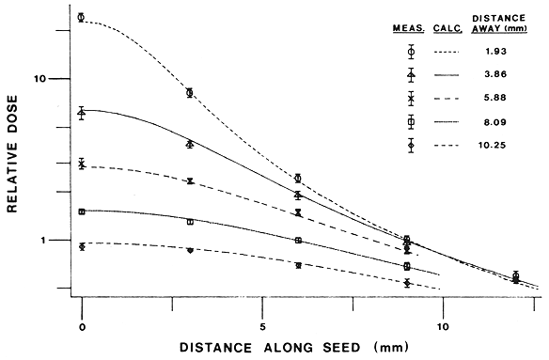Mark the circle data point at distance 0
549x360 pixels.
point(82,17)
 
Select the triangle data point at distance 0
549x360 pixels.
point(82,113)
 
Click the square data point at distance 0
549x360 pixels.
point(82,212)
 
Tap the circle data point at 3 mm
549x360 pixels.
point(190,92)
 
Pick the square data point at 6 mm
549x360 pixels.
point(298,241)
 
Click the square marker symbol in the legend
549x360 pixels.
point(411,122)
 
